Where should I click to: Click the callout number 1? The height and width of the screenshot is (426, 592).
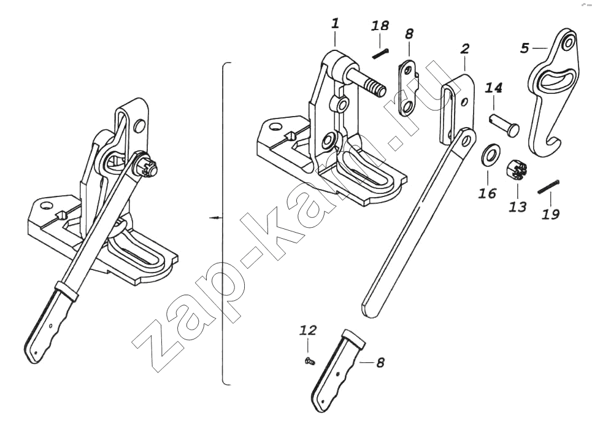click(336, 23)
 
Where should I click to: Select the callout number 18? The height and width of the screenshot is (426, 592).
click(380, 26)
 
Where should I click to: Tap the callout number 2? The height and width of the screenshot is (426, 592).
click(465, 48)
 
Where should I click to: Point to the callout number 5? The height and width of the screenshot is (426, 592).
click(524, 48)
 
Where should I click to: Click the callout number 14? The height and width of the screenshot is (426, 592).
click(493, 88)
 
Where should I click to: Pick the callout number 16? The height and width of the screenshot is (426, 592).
click(487, 193)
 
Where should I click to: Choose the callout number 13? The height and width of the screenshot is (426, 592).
click(518, 207)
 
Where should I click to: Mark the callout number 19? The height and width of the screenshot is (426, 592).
click(550, 214)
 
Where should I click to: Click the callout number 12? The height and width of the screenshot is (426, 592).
click(308, 330)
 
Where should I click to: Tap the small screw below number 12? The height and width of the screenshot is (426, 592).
click(310, 362)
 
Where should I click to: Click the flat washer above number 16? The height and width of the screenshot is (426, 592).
click(490, 154)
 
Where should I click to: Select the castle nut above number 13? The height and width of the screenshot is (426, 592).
click(515, 170)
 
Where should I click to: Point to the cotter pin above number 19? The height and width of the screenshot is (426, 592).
click(548, 187)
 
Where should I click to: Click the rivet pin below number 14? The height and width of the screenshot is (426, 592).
click(504, 124)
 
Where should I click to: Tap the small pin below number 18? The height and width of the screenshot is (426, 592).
click(380, 53)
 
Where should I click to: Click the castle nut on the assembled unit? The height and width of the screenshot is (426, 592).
click(148, 168)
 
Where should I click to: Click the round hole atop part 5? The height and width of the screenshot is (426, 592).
click(568, 42)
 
